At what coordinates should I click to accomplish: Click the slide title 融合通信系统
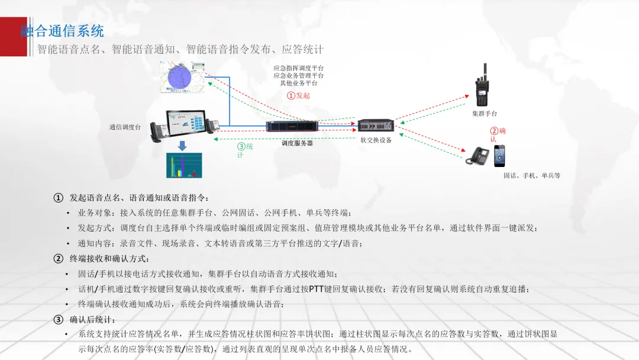click(62, 30)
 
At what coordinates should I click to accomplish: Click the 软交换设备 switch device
click(376, 126)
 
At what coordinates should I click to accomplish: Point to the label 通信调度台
click(125, 127)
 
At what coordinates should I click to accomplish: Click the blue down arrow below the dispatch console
click(182, 145)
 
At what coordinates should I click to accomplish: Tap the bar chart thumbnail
click(183, 165)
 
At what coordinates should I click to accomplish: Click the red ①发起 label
click(298, 95)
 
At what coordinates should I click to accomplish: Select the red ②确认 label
click(497, 134)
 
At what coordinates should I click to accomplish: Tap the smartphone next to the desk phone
click(501, 155)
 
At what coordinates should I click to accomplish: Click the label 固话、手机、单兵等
click(531, 176)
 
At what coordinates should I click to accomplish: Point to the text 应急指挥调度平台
click(298, 69)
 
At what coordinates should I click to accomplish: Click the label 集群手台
click(484, 113)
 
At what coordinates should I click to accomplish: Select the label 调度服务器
click(296, 143)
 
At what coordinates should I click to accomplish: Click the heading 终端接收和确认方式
click(109, 258)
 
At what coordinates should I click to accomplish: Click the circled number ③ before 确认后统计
click(58, 320)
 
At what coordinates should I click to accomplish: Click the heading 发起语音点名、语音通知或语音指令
click(139, 197)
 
